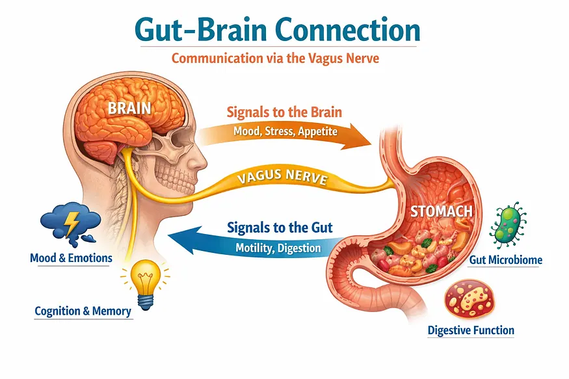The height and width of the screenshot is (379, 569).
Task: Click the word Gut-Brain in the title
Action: coord(202,30)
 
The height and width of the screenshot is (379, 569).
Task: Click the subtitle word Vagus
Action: coord(322,59)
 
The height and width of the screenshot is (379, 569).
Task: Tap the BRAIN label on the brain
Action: coord(129,108)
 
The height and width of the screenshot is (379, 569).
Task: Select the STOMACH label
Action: coord(442,211)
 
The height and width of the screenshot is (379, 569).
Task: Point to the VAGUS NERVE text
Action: coord(282,177)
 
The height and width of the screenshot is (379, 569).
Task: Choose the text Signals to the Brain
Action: coord(284,112)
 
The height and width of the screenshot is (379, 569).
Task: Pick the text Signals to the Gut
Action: coord(280,228)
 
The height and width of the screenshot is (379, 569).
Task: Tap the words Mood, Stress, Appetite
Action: coord(285,131)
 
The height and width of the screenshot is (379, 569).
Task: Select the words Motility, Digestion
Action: coord(278,248)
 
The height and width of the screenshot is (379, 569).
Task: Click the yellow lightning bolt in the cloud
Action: coord(72,224)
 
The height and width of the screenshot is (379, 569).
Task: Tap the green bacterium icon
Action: coord(508,224)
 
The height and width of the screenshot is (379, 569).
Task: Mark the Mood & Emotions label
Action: coord(71,258)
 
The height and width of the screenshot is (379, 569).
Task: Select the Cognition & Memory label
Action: coord(83,311)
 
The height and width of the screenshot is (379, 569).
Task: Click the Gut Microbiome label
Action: coord(505,259)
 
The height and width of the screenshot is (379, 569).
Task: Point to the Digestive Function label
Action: coord(471,330)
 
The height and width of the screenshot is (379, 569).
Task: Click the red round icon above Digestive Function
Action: coord(470,300)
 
